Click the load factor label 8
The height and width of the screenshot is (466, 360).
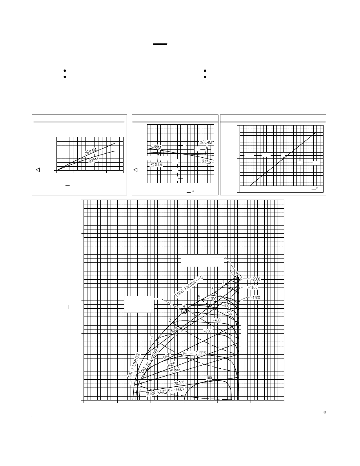pos(231,272)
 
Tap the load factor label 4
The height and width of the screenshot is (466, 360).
pos(184,306)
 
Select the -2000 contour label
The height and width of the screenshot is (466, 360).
pos(255,279)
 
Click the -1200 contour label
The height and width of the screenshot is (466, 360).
pos(255,298)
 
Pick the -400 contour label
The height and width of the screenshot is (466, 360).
pos(217,320)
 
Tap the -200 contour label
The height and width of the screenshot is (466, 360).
pos(207,331)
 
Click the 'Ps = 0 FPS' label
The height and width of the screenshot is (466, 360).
pos(194,353)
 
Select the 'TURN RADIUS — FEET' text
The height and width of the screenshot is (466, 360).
pos(165,391)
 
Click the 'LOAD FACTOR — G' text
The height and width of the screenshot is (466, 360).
pos(190,286)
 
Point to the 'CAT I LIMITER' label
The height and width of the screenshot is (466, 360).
pos(134,366)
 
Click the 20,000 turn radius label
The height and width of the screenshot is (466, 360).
pos(179,383)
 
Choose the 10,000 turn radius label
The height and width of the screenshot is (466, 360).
pos(175,370)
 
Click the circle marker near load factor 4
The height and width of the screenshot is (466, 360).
pos(184,311)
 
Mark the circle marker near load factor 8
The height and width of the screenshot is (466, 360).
pos(237,278)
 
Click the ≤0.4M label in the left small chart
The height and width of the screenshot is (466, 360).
pos(91,151)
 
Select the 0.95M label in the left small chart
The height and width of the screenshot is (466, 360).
pos(93,160)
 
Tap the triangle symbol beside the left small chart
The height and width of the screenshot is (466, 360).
pos(38,170)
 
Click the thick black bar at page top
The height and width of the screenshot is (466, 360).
pos(160,44)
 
